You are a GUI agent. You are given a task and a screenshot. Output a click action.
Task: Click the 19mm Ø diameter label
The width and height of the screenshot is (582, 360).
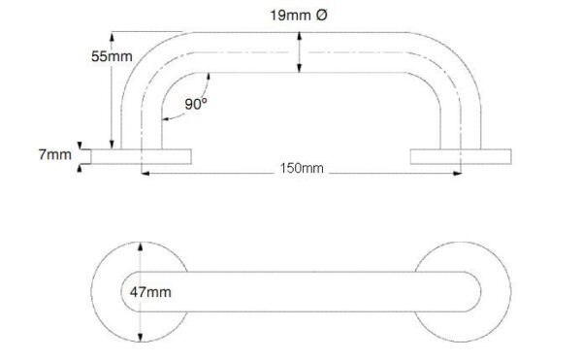(299, 16)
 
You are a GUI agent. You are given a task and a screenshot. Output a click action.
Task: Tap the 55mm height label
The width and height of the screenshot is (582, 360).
(112, 56)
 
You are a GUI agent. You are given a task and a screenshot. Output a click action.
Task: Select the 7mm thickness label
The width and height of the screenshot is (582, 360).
(55, 154)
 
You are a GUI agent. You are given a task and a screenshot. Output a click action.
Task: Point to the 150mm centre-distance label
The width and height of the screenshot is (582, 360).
(302, 168)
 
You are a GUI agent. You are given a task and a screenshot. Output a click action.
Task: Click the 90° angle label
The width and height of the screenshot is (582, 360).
(196, 104)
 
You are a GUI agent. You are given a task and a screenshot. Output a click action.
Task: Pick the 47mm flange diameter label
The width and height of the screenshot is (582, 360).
(150, 292)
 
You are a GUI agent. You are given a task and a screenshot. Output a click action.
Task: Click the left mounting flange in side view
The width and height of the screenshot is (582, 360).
(141, 156)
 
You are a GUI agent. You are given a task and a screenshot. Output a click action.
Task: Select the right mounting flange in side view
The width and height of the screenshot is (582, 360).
(461, 156)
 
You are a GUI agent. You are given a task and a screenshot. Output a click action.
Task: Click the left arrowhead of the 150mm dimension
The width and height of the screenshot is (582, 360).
(145, 174)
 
